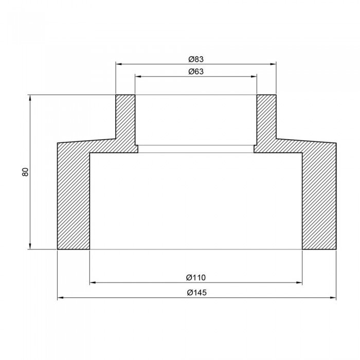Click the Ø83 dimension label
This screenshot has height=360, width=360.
click(196, 59)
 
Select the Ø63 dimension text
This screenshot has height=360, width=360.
click(196, 71)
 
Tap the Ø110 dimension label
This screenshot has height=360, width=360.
click(196, 278)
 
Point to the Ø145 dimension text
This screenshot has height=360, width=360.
click(196, 293)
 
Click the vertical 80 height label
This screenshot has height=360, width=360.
click(25, 172)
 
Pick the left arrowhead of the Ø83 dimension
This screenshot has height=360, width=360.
click(119, 64)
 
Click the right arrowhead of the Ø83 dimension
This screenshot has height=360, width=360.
click(273, 64)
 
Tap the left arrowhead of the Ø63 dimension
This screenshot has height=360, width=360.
click(138, 77)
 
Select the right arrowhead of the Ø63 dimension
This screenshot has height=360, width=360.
click(254, 77)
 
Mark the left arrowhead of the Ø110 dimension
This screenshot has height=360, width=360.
click(93, 282)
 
